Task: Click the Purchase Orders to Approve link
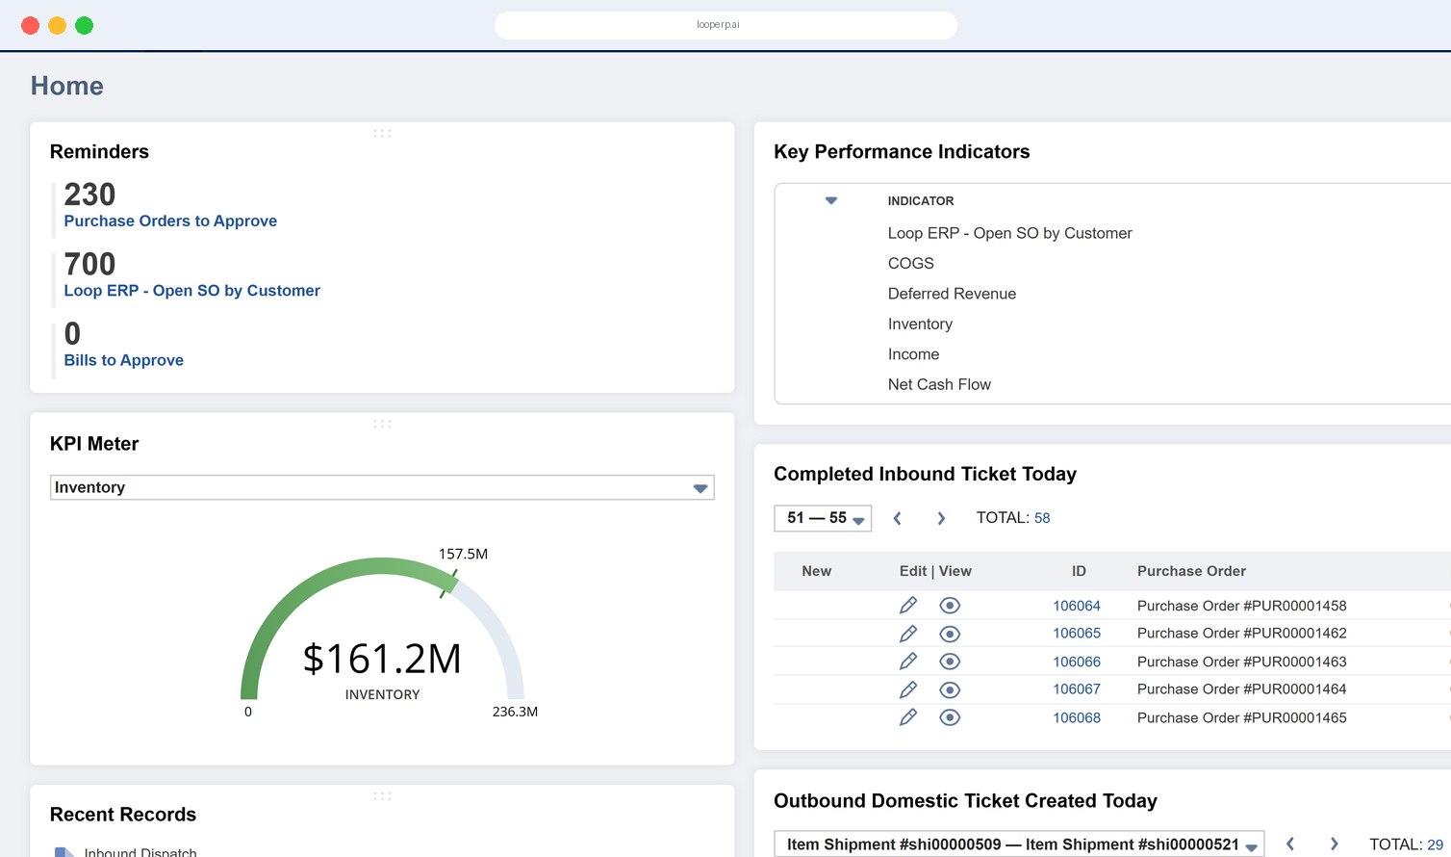[x=170, y=221]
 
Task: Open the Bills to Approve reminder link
[x=124, y=360]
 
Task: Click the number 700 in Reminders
[x=89, y=264]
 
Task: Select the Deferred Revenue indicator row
[x=952, y=294]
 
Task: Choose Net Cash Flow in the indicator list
[x=939, y=384]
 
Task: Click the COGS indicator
[x=911, y=263]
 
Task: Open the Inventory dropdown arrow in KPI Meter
[x=700, y=488]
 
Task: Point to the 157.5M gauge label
[x=463, y=554]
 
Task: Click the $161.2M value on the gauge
[x=382, y=659]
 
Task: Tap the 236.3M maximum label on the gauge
[x=515, y=712]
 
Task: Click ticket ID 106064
[x=1077, y=606]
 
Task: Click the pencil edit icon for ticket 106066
[x=908, y=662]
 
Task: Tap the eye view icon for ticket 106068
[x=950, y=717]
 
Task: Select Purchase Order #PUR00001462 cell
[x=1242, y=634]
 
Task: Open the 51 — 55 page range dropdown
[x=823, y=519]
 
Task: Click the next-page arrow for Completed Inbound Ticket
[x=941, y=519]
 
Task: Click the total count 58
[x=1042, y=518]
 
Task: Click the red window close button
[x=31, y=25]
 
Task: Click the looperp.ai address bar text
[x=718, y=25]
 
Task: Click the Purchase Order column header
[x=1191, y=571]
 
